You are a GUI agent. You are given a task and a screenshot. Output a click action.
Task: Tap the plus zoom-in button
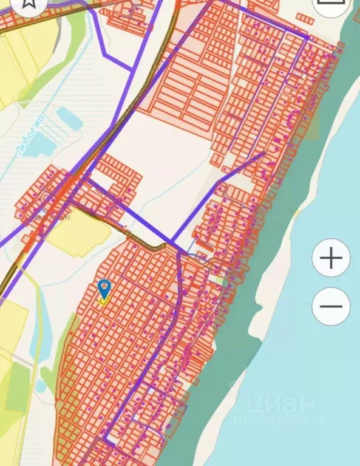[331, 258]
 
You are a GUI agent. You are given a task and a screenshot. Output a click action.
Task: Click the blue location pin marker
[104, 287]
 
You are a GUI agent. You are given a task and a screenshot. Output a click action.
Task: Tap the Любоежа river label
[32, 135]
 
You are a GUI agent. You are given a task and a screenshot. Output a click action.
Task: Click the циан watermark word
[283, 405]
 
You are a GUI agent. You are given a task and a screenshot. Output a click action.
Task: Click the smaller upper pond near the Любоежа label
[69, 118]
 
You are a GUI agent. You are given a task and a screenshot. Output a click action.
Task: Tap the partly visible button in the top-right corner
[331, 5]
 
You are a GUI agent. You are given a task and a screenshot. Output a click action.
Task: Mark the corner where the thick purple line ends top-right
[307, 38]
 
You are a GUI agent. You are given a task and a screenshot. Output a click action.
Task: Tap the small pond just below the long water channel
[41, 386]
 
